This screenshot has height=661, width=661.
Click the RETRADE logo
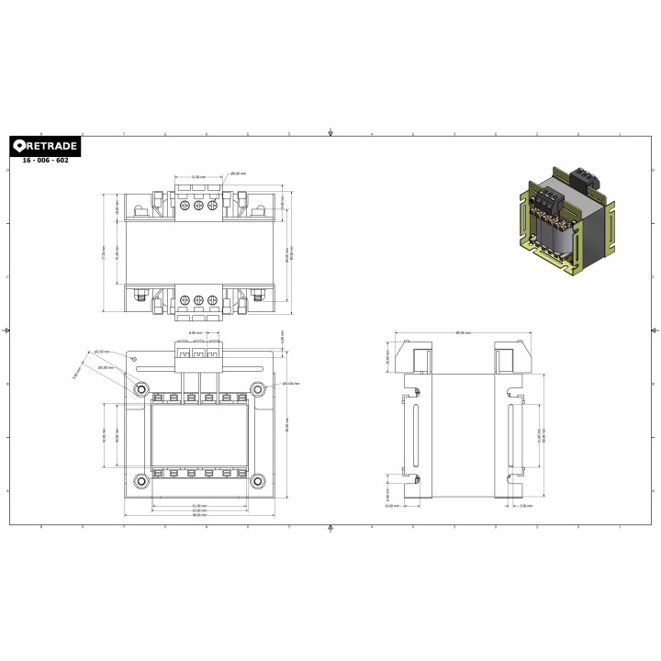point(44,146)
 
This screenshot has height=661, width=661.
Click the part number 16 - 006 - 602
point(45,161)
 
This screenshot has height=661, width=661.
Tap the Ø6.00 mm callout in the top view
point(238,174)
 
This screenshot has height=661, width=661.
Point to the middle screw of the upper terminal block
point(197,206)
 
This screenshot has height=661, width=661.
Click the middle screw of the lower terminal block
point(197,299)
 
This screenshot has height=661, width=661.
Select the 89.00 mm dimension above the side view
point(463,333)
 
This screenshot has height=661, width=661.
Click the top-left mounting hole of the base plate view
point(140,389)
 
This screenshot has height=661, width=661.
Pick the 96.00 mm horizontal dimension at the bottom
point(198,515)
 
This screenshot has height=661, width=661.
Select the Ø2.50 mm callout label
point(100,352)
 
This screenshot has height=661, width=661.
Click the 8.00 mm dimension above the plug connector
point(195,333)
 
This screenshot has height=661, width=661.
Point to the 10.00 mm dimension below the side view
point(389,506)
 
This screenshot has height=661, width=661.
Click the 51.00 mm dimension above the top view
point(197,176)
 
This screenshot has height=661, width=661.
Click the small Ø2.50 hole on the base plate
point(136,358)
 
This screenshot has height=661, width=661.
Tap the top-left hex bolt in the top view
point(140,210)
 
